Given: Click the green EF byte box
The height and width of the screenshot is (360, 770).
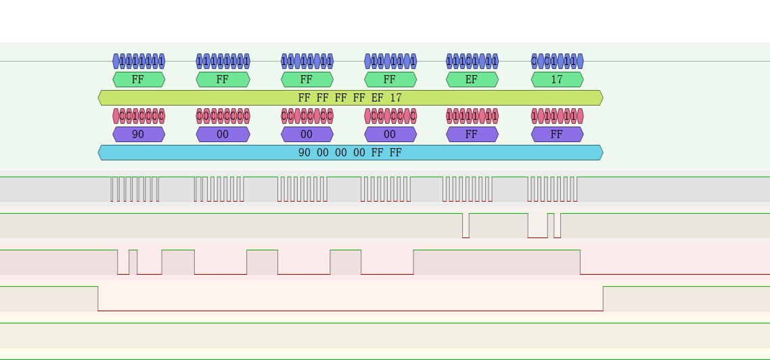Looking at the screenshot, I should (x=472, y=80).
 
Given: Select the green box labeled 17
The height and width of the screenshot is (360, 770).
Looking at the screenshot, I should (x=557, y=80).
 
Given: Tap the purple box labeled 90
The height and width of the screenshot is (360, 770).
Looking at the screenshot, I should (x=138, y=135).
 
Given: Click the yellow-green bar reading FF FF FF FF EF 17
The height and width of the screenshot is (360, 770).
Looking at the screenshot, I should (x=350, y=98).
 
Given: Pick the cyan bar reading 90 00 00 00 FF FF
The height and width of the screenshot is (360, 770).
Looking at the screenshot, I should (x=350, y=153).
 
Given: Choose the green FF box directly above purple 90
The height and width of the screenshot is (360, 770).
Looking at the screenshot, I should (x=138, y=80).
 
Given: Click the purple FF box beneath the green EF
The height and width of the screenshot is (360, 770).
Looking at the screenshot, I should (x=472, y=135).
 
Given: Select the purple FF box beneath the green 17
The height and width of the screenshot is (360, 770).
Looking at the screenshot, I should (x=557, y=135).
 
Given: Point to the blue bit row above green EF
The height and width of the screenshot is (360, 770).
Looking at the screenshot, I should (x=472, y=62).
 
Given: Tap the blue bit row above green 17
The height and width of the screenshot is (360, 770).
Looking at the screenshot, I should (x=557, y=62).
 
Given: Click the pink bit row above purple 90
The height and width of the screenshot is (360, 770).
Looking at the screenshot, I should (x=138, y=116).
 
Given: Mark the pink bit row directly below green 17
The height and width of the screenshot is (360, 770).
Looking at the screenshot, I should (x=557, y=116).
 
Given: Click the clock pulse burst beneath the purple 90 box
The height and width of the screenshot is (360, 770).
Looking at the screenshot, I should (x=135, y=189).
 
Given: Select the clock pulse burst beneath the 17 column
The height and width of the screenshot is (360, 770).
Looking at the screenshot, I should (x=552, y=189).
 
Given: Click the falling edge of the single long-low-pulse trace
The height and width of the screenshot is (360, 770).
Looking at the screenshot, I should (x=98, y=298).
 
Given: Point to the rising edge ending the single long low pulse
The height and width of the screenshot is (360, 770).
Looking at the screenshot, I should (x=603, y=298).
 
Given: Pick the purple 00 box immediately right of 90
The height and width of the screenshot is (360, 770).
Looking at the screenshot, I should (x=223, y=135).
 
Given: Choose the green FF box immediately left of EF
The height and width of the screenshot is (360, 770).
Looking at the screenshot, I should (x=390, y=80).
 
